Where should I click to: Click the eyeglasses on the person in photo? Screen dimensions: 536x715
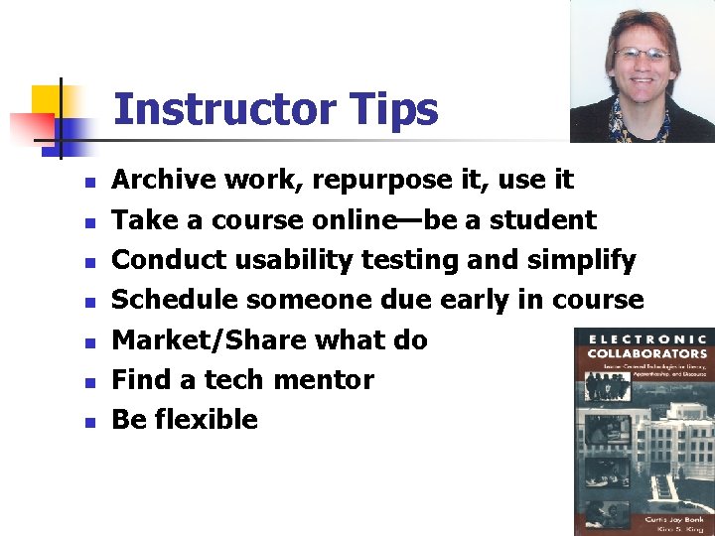pos(641,54)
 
